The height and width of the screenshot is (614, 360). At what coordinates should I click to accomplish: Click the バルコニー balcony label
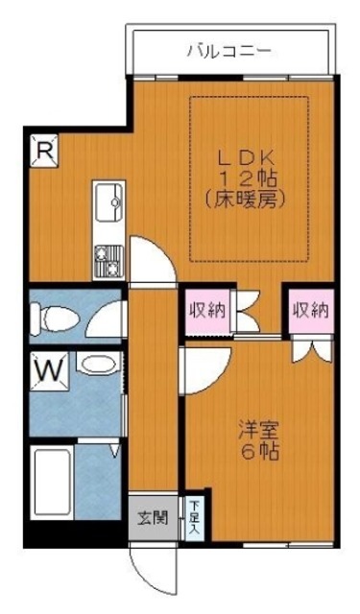tap(229, 51)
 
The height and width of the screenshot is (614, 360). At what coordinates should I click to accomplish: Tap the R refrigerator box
tap(44, 151)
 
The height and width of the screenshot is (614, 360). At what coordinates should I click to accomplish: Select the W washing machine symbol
tap(49, 371)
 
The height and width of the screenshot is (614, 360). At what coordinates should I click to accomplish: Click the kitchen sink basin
tap(109, 202)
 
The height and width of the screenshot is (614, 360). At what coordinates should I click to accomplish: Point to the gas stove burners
tap(109, 260)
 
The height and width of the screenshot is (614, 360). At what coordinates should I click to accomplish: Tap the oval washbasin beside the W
tap(98, 365)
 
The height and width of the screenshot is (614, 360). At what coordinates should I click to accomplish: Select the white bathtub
tap(52, 484)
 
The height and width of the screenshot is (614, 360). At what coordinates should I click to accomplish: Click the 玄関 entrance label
tap(153, 518)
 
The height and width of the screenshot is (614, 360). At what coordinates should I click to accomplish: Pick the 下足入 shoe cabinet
tap(195, 517)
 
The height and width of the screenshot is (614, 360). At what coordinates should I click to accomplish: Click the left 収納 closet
tap(207, 311)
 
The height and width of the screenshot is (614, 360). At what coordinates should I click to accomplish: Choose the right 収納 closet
tap(311, 311)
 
